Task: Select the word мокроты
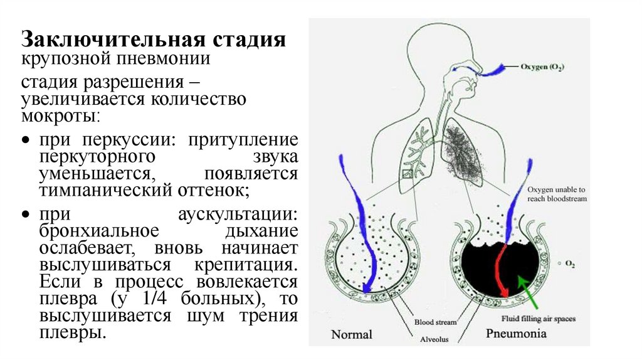(x=60, y=115)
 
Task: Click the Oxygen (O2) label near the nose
(x=541, y=66)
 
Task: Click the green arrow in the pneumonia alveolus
(x=529, y=288)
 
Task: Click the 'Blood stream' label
(x=435, y=322)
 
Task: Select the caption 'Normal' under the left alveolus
(x=351, y=334)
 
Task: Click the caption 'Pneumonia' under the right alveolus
(x=516, y=333)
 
